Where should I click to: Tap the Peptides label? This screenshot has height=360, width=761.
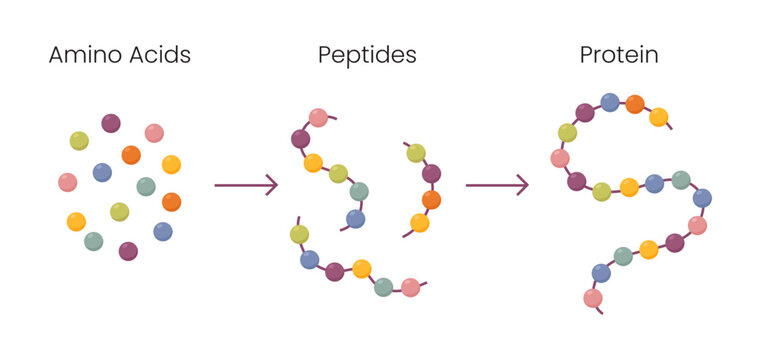click(x=365, y=55)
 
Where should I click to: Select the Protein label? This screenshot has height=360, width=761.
click(x=619, y=55)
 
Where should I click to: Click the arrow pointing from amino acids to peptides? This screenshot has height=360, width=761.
click(x=245, y=185)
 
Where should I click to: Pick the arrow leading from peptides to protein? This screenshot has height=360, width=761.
click(x=496, y=185)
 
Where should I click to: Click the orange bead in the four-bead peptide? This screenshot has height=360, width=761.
click(x=431, y=200)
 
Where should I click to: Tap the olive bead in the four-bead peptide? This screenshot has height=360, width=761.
click(x=416, y=153)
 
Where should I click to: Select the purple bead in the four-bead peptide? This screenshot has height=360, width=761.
click(x=431, y=174)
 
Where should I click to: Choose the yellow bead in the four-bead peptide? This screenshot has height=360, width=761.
click(x=420, y=223)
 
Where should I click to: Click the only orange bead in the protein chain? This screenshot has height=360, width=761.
click(x=634, y=104)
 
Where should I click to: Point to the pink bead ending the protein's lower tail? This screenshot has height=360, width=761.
click(x=593, y=298)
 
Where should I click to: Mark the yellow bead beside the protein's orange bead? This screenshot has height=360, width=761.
click(x=658, y=117)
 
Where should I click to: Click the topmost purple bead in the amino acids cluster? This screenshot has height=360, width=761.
click(x=111, y=123)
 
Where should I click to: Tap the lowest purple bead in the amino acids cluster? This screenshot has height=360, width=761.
click(x=128, y=251)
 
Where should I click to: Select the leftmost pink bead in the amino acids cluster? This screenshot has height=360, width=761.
click(x=68, y=182)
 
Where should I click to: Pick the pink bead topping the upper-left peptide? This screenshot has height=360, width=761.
click(x=318, y=117)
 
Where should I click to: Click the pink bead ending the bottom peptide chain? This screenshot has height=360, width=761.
click(x=410, y=288)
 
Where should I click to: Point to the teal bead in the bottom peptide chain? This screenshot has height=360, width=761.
click(x=383, y=287)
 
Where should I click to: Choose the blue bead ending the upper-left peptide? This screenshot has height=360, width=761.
click(x=355, y=218)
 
